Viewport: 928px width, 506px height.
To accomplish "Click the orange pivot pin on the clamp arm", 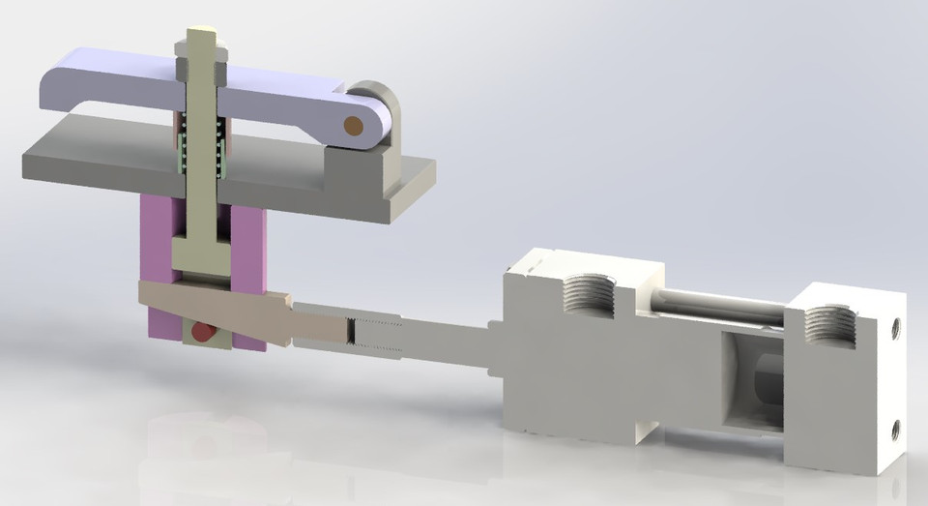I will point(354,124).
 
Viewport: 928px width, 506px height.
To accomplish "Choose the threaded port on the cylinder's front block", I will point(588,290).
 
